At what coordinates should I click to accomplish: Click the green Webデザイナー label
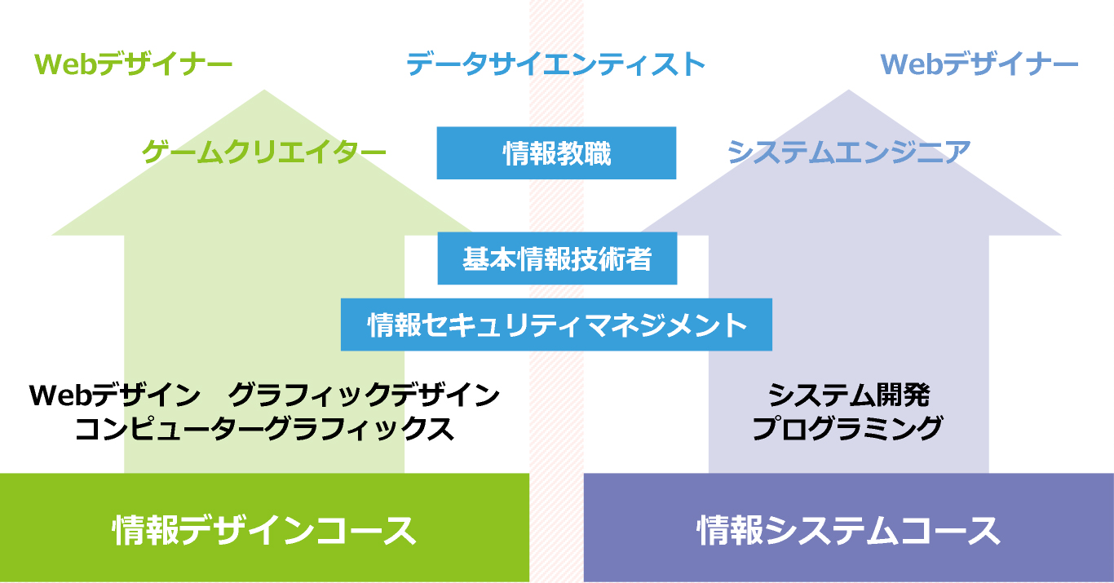(133, 64)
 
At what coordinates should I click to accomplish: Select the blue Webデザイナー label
(979, 64)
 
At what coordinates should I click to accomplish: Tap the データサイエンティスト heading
(556, 64)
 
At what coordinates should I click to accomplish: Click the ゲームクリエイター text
(264, 152)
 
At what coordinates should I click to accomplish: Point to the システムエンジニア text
(849, 152)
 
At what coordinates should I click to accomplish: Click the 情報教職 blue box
(556, 152)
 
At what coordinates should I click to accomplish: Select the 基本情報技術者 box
(557, 258)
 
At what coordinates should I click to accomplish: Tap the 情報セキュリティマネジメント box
(556, 325)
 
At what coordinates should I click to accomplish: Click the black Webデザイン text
(115, 395)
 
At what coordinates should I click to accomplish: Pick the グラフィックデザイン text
(364, 395)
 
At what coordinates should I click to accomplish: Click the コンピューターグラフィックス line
(264, 429)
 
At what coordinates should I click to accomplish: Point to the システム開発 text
(849, 395)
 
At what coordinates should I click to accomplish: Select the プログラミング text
(847, 429)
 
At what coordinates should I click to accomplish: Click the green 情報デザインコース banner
(264, 528)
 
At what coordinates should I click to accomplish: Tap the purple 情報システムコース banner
(848, 528)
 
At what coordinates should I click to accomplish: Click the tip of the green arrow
(264, 90)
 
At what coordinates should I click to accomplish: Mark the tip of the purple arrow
(848, 90)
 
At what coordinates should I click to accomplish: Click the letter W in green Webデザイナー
(49, 64)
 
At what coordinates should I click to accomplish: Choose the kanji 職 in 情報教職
(597, 153)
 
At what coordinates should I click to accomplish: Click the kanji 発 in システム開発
(917, 395)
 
